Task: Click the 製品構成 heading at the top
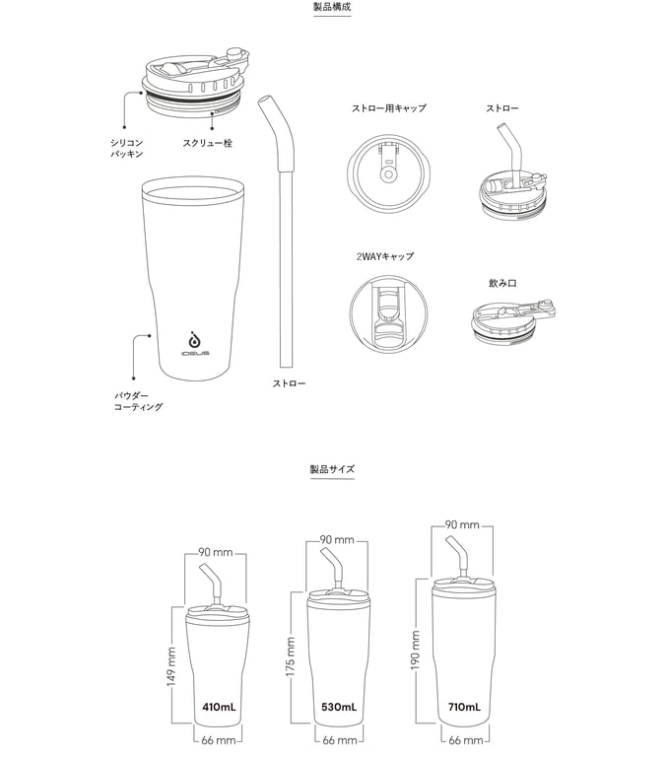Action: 332,7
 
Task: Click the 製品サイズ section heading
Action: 332,469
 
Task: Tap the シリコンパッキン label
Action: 126,148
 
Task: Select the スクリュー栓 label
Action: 207,143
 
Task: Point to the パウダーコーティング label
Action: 138,401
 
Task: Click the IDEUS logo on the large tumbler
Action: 195,344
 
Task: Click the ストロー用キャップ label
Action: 388,108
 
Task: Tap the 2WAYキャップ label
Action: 385,256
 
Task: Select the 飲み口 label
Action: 502,283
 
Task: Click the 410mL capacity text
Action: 219,708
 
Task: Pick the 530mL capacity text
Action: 339,708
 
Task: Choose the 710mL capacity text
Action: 464,708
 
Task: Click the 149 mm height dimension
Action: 171,666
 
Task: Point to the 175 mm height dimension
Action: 290,656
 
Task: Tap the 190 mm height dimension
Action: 415,651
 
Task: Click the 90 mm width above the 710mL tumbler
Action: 462,524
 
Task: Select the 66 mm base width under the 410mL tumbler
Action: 219,740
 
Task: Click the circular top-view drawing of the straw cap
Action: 388,173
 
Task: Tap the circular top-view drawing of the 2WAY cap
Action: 389,314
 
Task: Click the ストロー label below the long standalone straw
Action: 289,383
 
